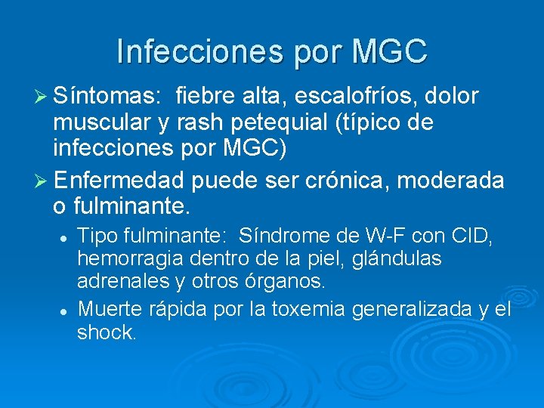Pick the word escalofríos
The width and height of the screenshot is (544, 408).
(358, 97)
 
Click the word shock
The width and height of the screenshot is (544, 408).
(106, 332)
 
